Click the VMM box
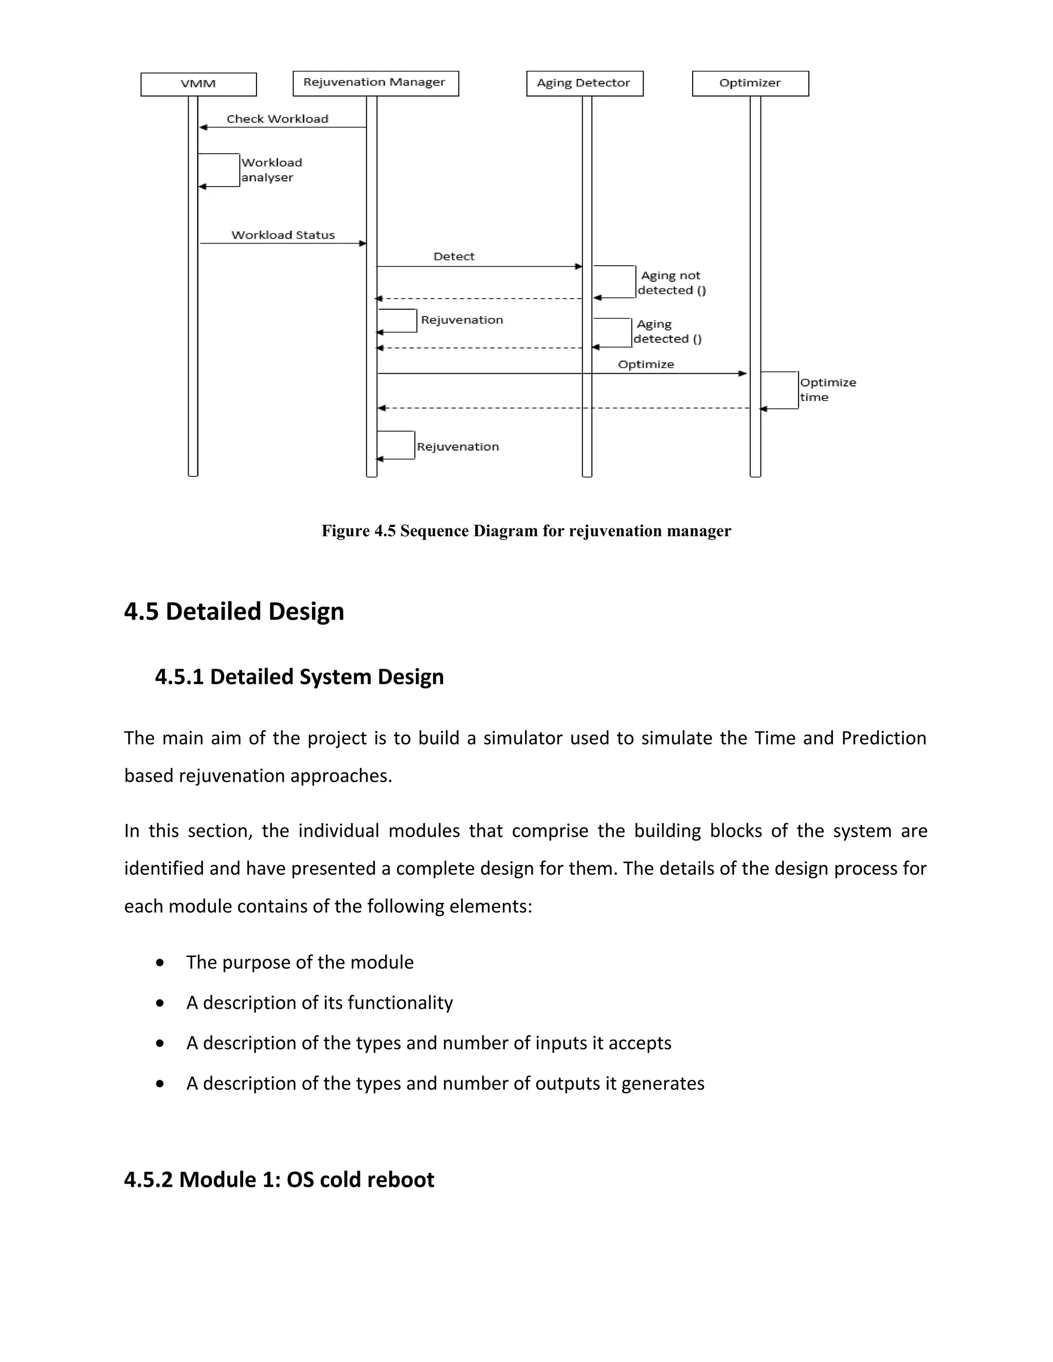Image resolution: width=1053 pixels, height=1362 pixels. point(198,84)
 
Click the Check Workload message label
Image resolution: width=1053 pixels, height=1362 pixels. point(277,119)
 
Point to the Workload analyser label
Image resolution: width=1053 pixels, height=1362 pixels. point(271,170)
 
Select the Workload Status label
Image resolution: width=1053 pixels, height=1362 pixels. point(283,235)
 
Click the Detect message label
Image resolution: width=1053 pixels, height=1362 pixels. point(453,256)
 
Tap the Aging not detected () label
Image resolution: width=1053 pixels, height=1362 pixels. point(671,283)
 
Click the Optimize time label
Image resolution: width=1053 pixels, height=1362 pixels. point(827,390)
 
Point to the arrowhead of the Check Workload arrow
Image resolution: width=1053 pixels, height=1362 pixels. point(203,127)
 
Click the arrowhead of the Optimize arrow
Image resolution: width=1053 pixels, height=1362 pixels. point(742,374)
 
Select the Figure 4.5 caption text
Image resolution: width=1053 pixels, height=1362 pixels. point(526,531)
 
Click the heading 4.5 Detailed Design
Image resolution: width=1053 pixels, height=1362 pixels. point(234,611)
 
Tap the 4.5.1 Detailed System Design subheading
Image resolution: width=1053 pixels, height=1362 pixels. point(299,677)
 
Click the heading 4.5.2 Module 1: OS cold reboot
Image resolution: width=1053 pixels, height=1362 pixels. point(279,1179)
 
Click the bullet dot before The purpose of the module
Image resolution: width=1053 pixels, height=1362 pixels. point(160,963)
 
